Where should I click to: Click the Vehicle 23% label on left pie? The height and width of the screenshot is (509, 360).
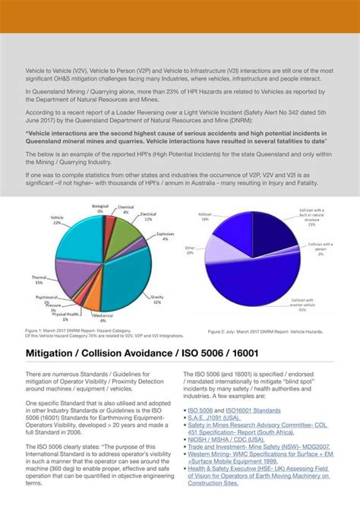coord(57,220)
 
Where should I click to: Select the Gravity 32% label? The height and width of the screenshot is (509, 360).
coord(157,299)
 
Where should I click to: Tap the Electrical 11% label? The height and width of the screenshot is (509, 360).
coord(148,217)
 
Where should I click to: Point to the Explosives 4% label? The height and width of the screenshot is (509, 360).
coord(166,236)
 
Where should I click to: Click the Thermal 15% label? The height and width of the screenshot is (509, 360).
coord(38,280)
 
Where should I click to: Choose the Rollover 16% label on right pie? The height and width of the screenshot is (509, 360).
coord(205,217)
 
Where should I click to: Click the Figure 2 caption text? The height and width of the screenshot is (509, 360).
coord(266,332)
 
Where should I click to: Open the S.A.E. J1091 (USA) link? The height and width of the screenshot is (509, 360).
coord(217,417)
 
